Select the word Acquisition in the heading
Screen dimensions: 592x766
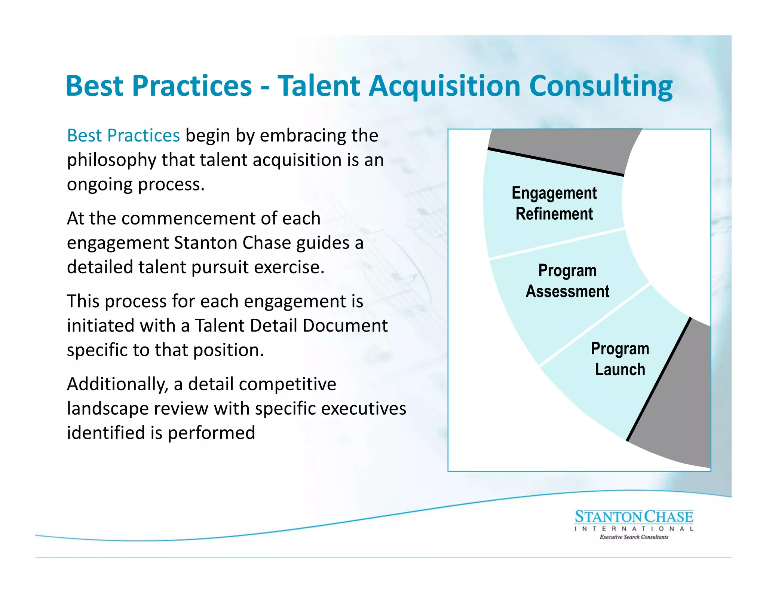tap(444, 86)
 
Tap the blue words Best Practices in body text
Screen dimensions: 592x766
tap(123, 135)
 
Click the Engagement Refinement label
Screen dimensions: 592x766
tap(554, 204)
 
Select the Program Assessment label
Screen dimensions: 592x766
tap(567, 281)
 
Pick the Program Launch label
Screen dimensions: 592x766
tap(620, 359)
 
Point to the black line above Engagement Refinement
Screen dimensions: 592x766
tap(555, 162)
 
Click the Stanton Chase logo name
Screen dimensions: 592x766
tap(634, 517)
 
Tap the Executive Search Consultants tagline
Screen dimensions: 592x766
tap(634, 537)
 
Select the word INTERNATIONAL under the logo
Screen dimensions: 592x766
tap(634, 529)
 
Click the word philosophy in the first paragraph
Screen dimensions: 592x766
tap(111, 160)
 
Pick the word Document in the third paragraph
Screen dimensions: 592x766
tap(345, 326)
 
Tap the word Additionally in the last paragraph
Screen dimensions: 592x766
tap(117, 384)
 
